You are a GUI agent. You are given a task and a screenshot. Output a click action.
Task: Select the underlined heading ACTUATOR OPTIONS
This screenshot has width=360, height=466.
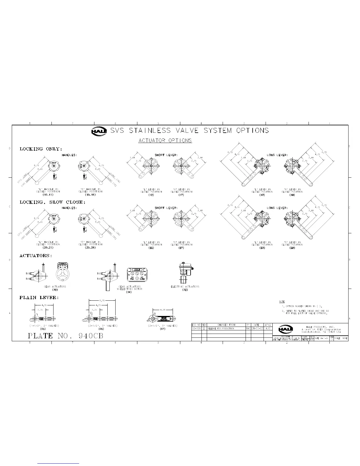165,141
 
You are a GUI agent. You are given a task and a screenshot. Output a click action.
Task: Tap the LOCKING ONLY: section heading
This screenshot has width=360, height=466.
41,149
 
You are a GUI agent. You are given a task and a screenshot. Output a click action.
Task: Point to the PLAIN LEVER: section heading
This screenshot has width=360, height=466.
39,298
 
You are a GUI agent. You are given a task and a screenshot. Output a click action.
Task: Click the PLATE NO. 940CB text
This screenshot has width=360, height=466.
66,336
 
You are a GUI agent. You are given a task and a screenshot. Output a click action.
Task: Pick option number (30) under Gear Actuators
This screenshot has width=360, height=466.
55,289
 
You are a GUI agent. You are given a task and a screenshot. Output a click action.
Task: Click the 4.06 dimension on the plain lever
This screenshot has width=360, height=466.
163,310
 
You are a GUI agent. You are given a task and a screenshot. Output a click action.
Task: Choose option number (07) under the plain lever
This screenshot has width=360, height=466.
163,329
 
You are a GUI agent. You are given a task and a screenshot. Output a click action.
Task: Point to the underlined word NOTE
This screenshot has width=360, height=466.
282,302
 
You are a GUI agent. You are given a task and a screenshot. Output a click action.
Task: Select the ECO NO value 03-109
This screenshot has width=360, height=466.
196,328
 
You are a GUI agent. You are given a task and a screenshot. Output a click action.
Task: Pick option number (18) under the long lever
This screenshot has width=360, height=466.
292,195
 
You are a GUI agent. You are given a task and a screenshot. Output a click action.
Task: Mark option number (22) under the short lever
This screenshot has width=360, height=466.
151,248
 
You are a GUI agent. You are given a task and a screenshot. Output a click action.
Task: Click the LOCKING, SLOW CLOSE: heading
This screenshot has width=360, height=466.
53,202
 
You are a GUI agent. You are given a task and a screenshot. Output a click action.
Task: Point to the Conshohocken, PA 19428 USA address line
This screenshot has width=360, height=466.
321,332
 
